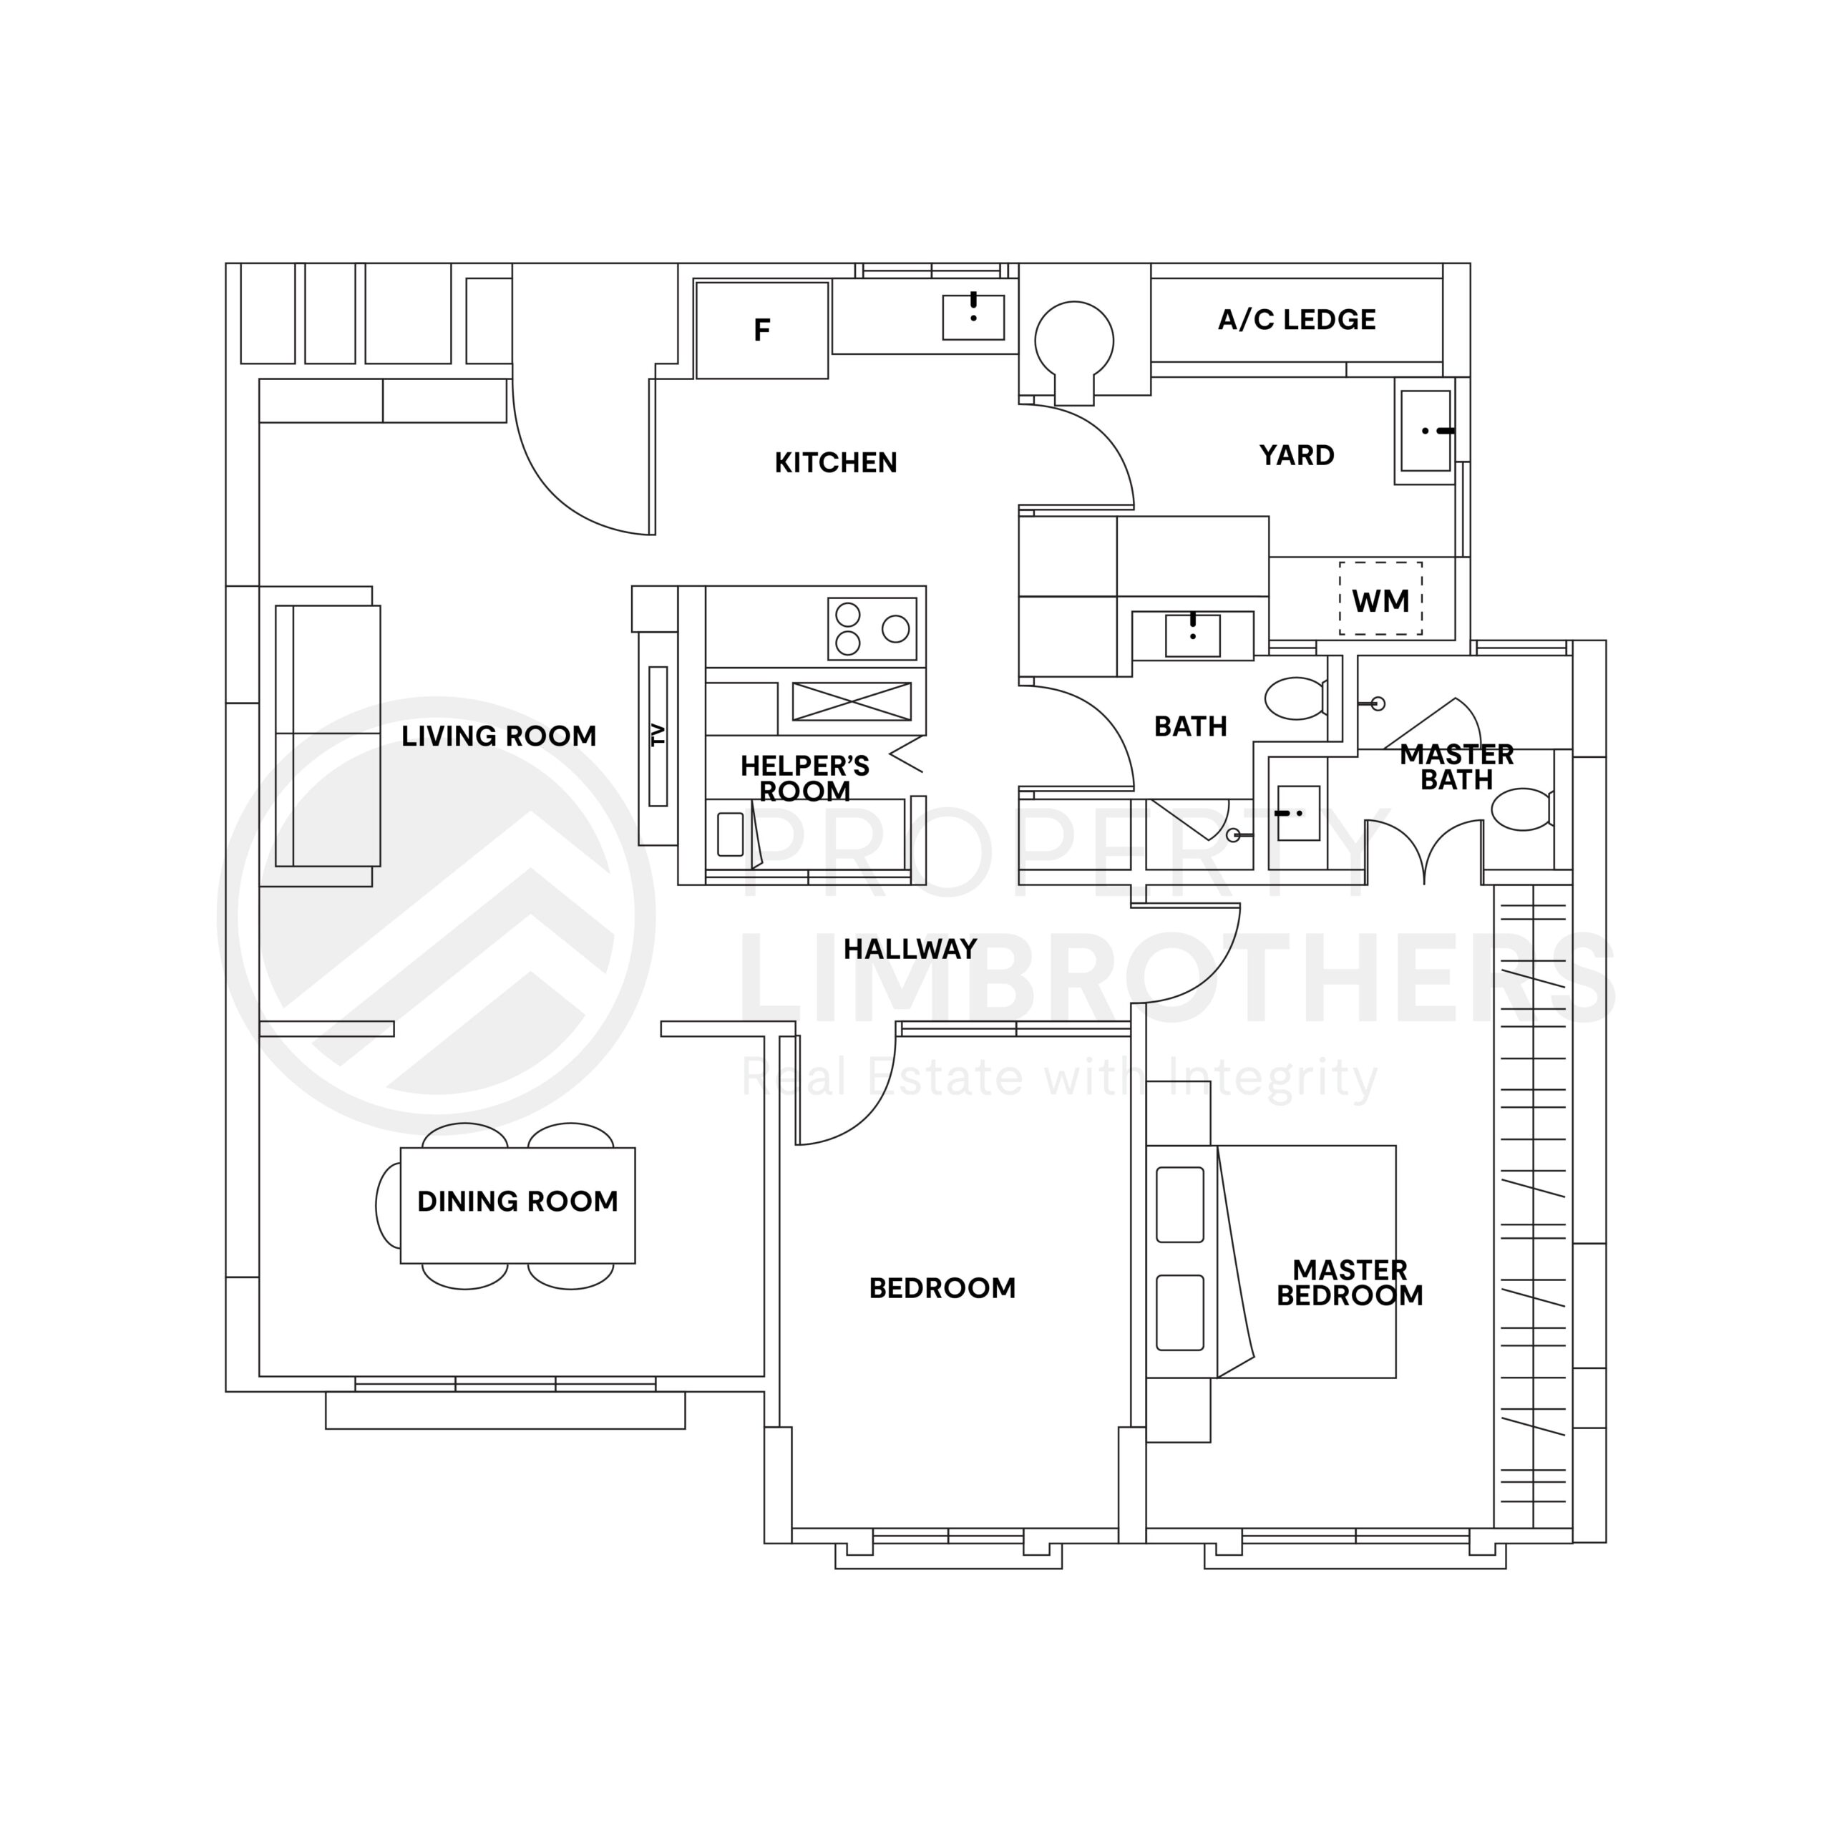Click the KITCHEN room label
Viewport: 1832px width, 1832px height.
coord(835,463)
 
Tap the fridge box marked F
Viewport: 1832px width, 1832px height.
coord(761,330)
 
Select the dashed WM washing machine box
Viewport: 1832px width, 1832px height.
coord(1380,599)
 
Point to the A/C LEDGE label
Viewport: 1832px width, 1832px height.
coord(1296,320)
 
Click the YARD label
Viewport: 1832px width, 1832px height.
coord(1296,455)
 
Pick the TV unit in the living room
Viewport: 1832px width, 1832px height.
coord(658,736)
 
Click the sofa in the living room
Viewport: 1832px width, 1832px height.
coord(328,736)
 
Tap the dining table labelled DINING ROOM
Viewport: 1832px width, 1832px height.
coord(517,1204)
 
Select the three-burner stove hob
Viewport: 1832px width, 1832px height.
coord(872,629)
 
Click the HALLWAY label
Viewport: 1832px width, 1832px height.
coord(910,949)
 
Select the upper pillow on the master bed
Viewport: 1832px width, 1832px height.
coord(1179,1204)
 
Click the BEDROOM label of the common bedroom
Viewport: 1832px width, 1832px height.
coord(942,1287)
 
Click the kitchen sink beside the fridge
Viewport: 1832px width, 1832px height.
coord(973,317)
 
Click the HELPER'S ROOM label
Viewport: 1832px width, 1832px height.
coord(804,778)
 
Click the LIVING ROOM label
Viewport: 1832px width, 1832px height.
coord(499,736)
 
